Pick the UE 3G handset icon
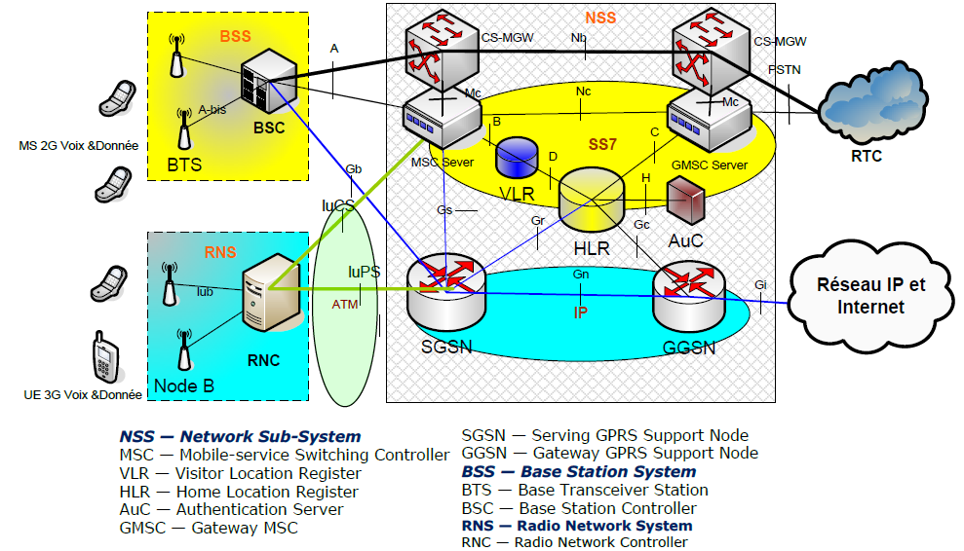104,358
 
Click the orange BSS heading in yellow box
235,37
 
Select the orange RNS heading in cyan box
220,253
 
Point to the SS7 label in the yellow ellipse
602,144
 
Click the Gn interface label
581,275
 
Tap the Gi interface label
760,284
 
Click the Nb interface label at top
579,38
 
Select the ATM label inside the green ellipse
345,305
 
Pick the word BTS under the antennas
183,165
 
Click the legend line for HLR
238,492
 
